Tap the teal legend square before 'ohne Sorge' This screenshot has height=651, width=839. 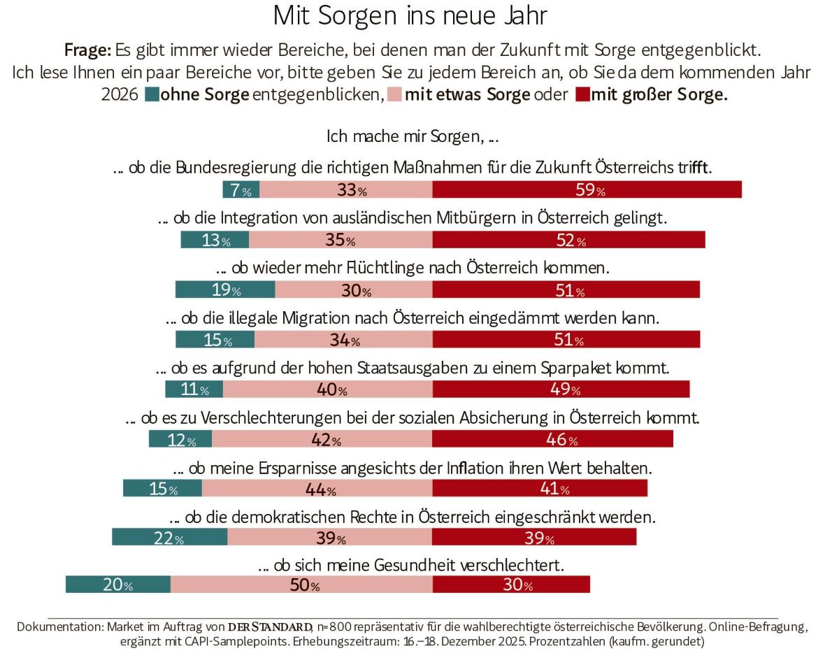[x=152, y=96]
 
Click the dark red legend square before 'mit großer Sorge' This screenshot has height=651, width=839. [x=581, y=96]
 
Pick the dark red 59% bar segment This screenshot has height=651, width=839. [x=587, y=189]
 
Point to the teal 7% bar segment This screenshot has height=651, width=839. [x=241, y=189]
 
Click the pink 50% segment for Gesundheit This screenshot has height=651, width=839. [x=301, y=585]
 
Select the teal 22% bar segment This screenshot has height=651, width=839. [x=169, y=538]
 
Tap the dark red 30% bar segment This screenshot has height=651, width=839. [x=511, y=585]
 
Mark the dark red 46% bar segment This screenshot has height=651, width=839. [x=552, y=438]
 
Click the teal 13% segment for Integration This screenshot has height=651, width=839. [x=215, y=239]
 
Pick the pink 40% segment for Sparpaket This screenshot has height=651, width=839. [x=327, y=389]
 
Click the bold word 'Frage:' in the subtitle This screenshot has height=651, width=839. [x=87, y=50]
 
